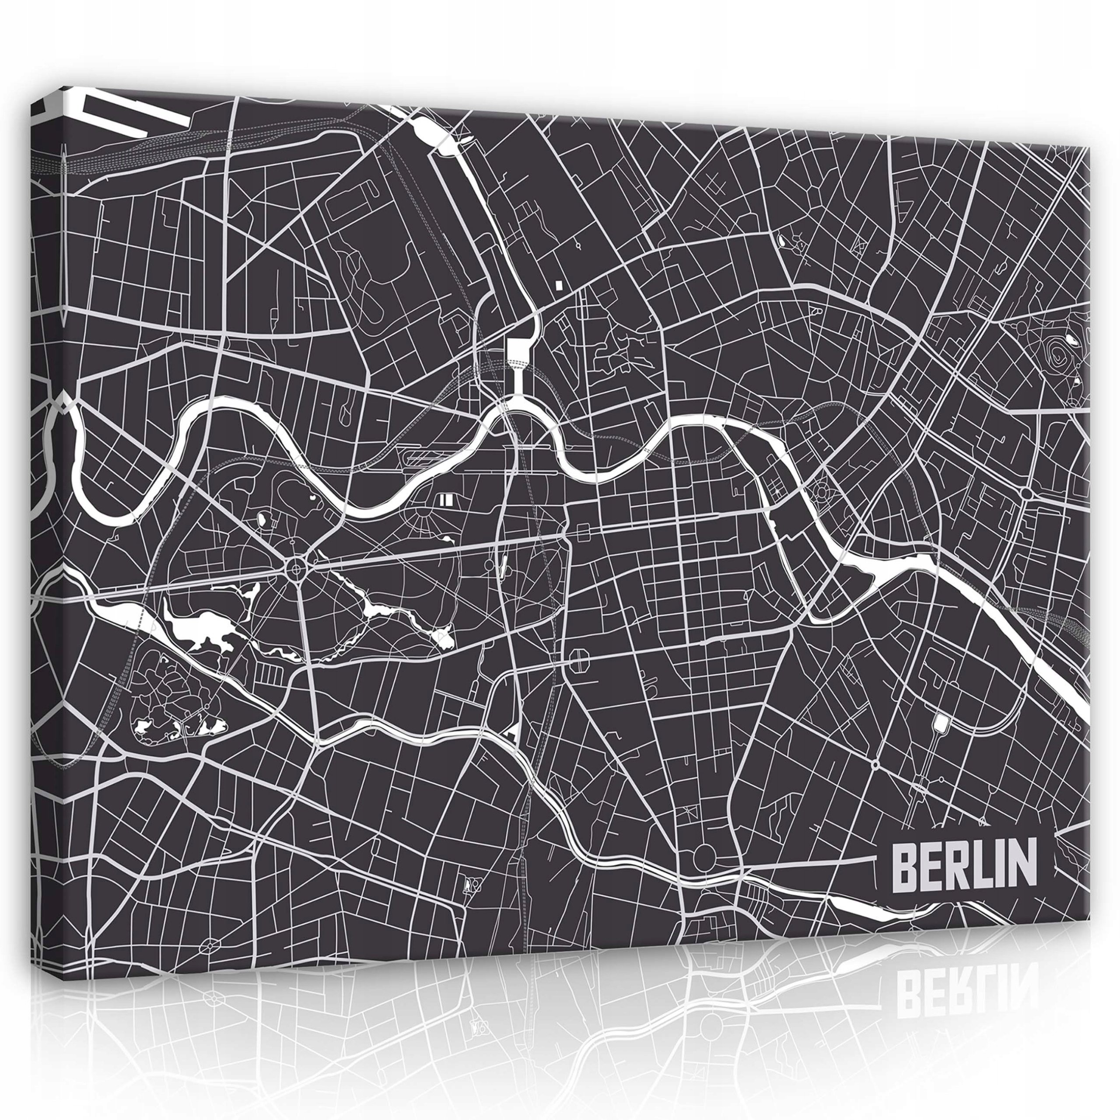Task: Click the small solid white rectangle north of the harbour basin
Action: click(x=558, y=285)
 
